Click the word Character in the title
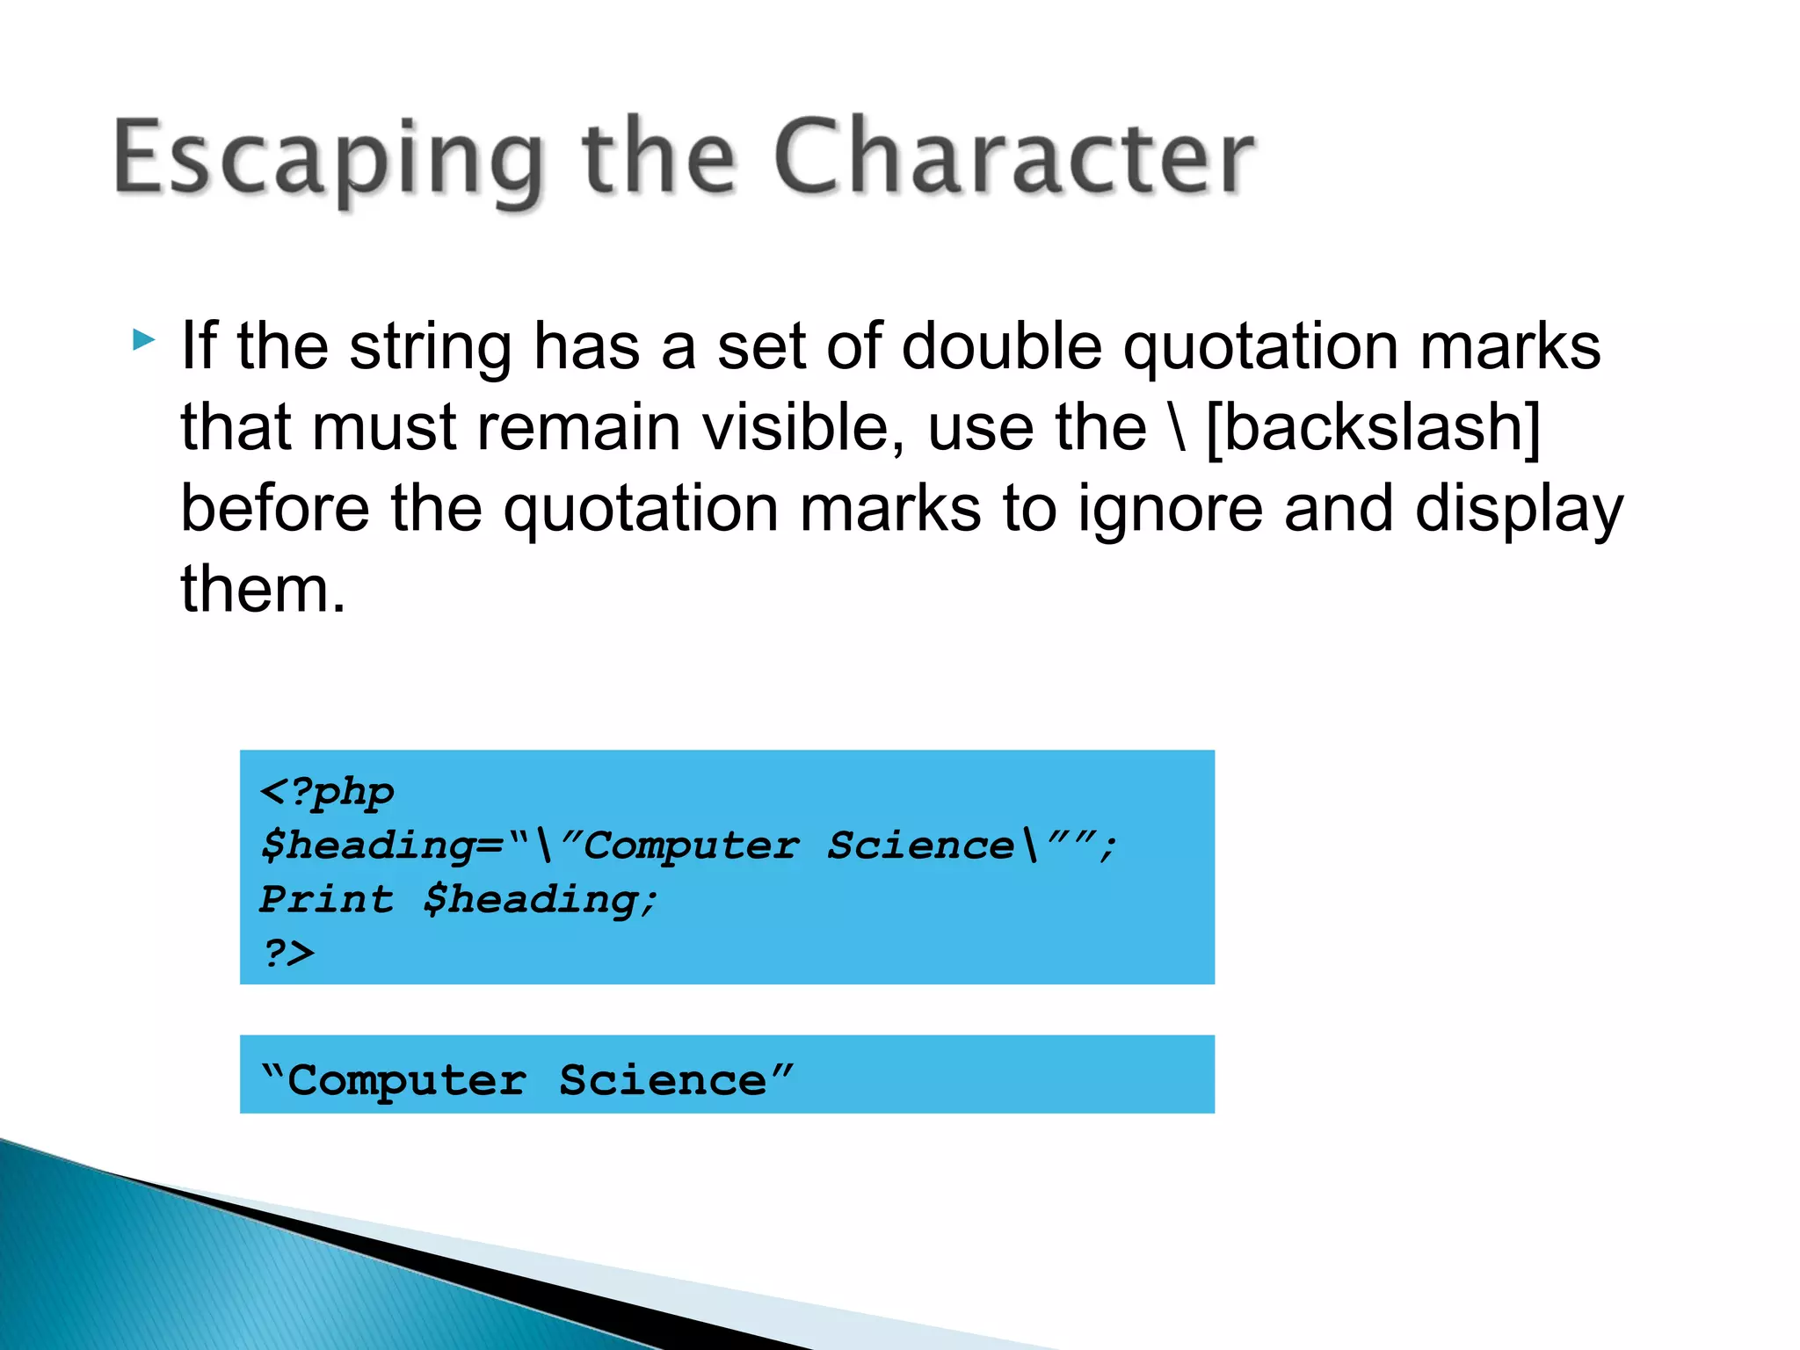click(x=1014, y=158)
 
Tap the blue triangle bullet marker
click(x=144, y=339)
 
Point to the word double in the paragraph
click(x=1001, y=346)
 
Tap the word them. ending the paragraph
click(x=263, y=590)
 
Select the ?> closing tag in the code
click(x=287, y=953)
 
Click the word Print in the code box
click(x=326, y=899)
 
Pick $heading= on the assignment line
click(x=382, y=846)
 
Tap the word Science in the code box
click(x=920, y=846)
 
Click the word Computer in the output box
click(x=407, y=1080)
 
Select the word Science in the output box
click(x=663, y=1080)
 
